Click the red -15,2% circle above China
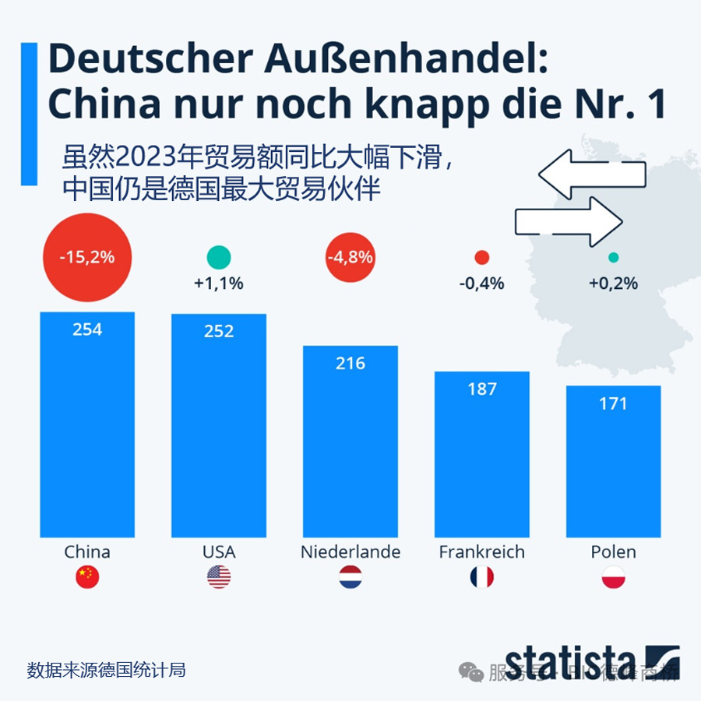tap(87, 256)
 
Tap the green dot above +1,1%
tap(219, 257)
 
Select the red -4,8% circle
tap(350, 256)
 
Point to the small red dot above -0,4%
tap(481, 258)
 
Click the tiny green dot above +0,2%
tap(613, 258)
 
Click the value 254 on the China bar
tap(87, 329)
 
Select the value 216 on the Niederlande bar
tap(350, 363)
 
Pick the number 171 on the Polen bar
tap(613, 403)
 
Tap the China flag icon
tap(87, 577)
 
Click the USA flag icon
tap(219, 577)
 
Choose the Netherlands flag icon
tap(350, 577)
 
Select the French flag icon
tap(481, 577)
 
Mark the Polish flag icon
tap(613, 577)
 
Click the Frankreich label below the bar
tap(481, 552)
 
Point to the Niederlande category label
tap(350, 552)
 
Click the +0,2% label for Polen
tap(613, 284)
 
